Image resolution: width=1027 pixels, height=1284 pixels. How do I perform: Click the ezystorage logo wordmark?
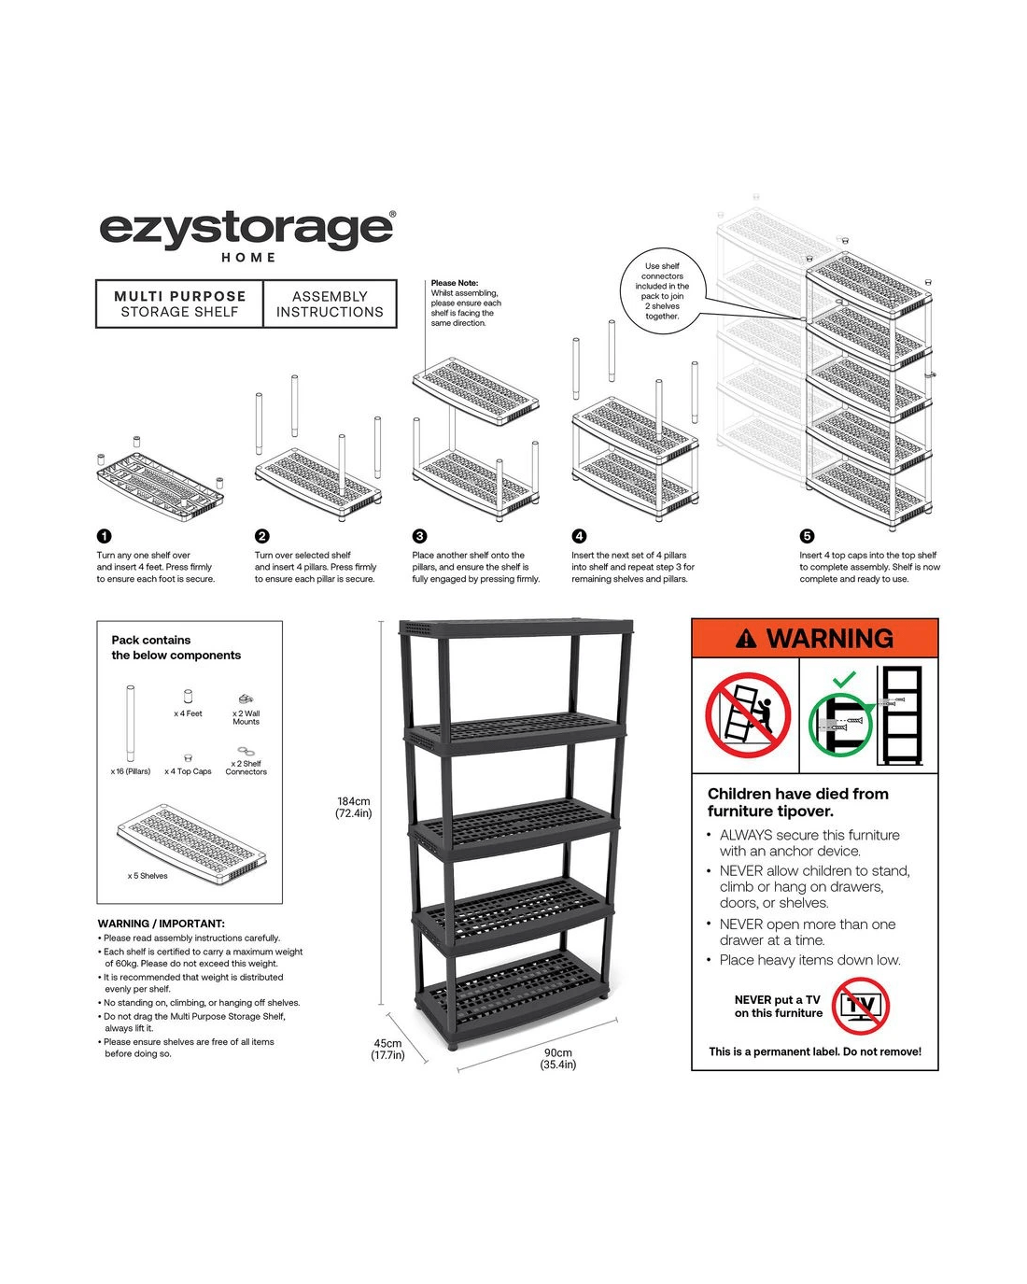[x=246, y=231]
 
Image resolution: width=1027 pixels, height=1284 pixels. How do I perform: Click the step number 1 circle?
[x=105, y=536]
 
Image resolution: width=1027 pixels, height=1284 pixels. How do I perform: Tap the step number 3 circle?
[x=419, y=536]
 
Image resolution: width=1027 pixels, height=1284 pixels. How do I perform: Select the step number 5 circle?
[x=807, y=536]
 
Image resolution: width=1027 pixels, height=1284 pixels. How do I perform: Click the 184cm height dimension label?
[x=353, y=807]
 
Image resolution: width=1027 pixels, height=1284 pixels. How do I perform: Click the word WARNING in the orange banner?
[x=829, y=639]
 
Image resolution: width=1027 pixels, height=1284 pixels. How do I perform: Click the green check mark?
[x=844, y=678]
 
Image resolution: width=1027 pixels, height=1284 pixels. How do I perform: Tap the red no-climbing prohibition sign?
[x=748, y=714]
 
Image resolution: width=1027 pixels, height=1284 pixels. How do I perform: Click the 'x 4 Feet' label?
[x=188, y=713]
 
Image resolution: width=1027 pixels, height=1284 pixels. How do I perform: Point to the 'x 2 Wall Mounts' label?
[x=246, y=717]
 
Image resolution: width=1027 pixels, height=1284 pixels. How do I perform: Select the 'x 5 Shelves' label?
[x=148, y=876]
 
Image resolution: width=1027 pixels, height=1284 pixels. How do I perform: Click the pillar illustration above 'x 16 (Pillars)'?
[x=130, y=723]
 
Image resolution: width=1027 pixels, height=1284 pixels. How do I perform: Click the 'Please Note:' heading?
[x=455, y=283]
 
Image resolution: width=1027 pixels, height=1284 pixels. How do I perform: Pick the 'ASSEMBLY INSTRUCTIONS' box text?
[x=330, y=304]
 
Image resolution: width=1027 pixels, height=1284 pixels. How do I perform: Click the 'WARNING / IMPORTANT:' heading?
[x=162, y=924]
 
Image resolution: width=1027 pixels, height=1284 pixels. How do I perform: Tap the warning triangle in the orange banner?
[x=746, y=639]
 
